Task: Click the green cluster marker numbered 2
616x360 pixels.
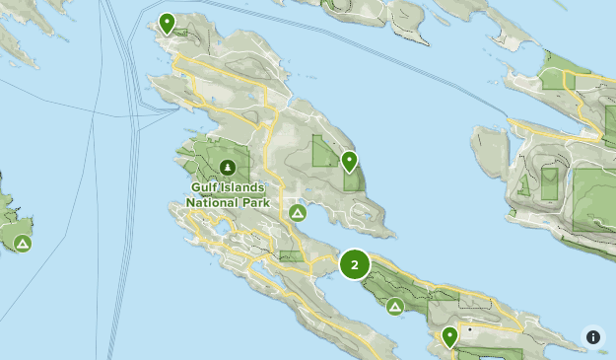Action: click(355, 264)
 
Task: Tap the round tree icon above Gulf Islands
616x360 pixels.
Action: click(229, 168)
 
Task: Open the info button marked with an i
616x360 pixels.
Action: click(593, 336)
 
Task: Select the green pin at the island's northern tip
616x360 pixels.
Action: click(168, 22)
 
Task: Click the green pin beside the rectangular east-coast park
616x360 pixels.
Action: click(349, 160)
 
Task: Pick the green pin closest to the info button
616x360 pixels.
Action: click(449, 335)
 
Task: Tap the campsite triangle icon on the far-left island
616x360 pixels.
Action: click(21, 243)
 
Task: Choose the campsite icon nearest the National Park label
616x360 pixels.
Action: click(298, 213)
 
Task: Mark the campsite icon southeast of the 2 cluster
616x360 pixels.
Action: click(394, 307)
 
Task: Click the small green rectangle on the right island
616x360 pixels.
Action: click(549, 183)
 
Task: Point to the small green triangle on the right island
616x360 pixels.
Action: click(523, 184)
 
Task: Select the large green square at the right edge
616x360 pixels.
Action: click(594, 198)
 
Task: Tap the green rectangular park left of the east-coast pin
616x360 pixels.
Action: click(324, 152)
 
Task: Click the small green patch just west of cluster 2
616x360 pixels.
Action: click(292, 255)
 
